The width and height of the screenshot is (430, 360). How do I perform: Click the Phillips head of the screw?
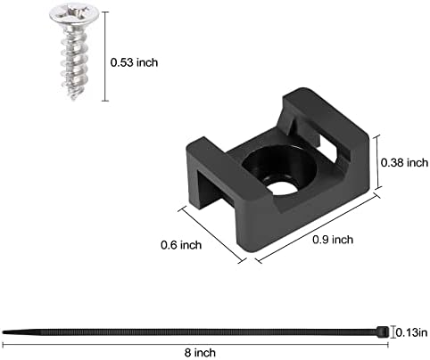coord(74,13)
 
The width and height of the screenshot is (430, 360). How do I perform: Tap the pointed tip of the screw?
coord(73,97)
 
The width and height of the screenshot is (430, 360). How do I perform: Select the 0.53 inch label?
coord(134,62)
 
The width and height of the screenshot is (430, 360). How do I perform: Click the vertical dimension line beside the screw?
coord(105,56)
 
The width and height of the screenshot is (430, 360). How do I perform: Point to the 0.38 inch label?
coord(404,163)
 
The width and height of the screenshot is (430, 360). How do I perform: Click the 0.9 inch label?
coord(333,240)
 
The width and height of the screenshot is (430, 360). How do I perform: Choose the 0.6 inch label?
coord(181,245)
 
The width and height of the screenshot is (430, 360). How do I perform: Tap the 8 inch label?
coord(200,353)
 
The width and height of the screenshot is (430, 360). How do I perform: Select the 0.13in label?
coord(412,332)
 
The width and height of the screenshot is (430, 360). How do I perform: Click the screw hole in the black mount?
coord(282,188)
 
